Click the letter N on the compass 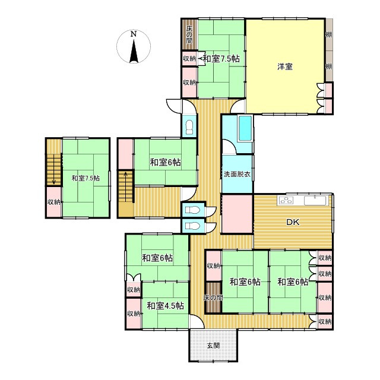(x=133, y=34)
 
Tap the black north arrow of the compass (x=134, y=51)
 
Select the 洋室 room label (x=285, y=66)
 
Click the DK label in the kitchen (x=293, y=222)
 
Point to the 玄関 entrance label (x=213, y=346)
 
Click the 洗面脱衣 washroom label (x=237, y=174)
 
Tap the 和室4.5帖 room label (x=165, y=306)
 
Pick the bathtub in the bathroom (x=245, y=128)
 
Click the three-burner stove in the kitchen (x=286, y=201)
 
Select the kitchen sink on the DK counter (x=315, y=201)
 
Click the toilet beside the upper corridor (x=189, y=127)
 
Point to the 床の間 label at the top (x=189, y=34)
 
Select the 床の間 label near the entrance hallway (x=213, y=297)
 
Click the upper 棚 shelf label (x=328, y=34)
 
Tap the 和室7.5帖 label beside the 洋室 (x=221, y=59)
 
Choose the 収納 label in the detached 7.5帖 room (x=54, y=202)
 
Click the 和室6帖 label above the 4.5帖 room (x=157, y=258)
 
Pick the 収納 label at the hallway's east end (x=325, y=322)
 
